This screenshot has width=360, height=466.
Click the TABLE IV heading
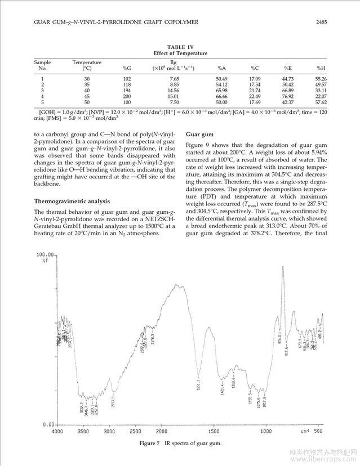[x=180, y=48]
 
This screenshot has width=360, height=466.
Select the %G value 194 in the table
[x=127, y=90]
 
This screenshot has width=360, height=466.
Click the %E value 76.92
[x=288, y=96]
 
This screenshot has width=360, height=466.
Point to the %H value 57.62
[x=321, y=102]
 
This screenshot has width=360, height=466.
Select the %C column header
[x=255, y=68]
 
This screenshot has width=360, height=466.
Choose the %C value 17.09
[x=255, y=78]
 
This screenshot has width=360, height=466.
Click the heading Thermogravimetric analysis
[x=71, y=201]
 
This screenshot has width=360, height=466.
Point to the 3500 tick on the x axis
[x=83, y=432]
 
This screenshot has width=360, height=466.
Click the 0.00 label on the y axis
[x=47, y=424]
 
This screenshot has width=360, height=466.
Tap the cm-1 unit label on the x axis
[x=304, y=432]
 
